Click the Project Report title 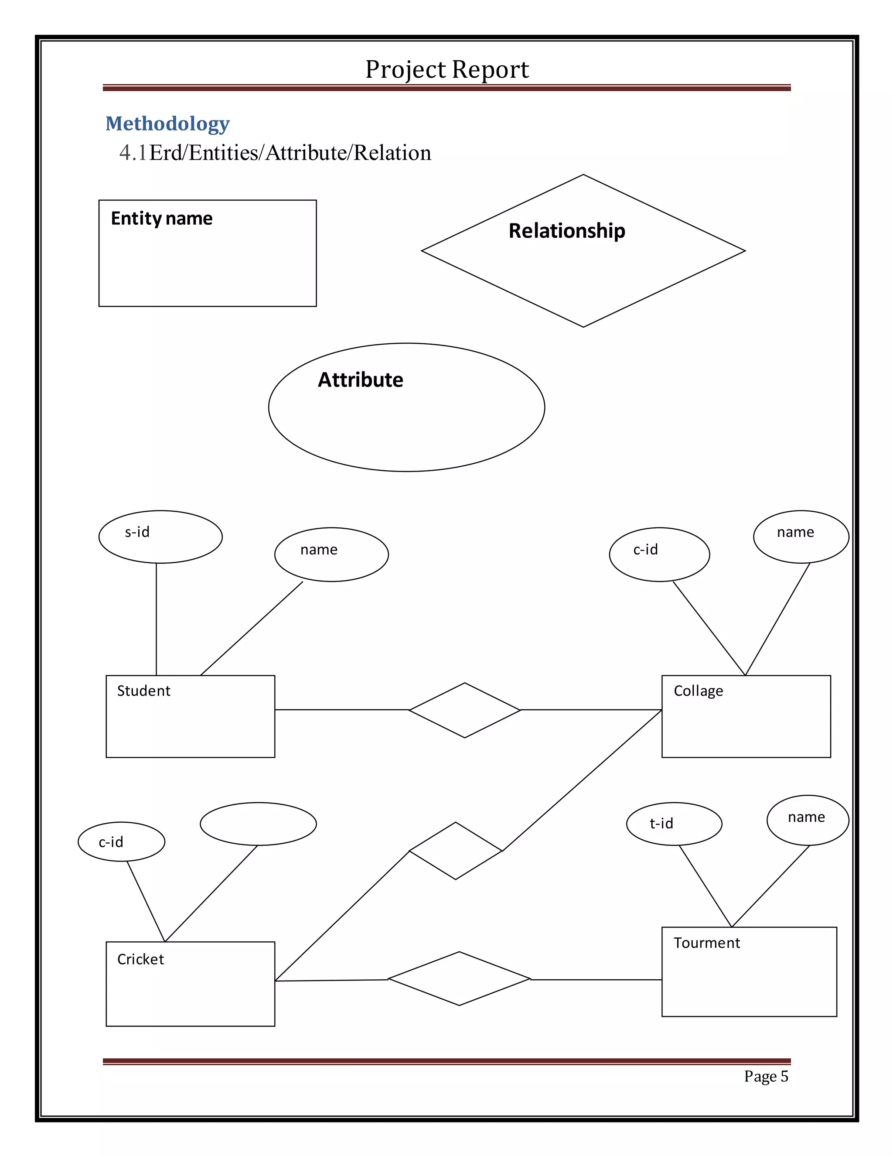447,69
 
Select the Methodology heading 168,123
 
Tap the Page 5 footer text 766,1076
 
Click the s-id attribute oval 160,536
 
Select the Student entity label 143,691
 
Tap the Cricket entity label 140,959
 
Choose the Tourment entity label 706,943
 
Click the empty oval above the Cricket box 258,824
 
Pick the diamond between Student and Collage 464,710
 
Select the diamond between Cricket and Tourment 459,979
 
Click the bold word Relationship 566,231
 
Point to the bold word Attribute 360,380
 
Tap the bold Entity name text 161,218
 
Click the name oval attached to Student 331,554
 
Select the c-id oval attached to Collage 659,554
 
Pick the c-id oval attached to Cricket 121,841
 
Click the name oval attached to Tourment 807,820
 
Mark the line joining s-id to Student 156,619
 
